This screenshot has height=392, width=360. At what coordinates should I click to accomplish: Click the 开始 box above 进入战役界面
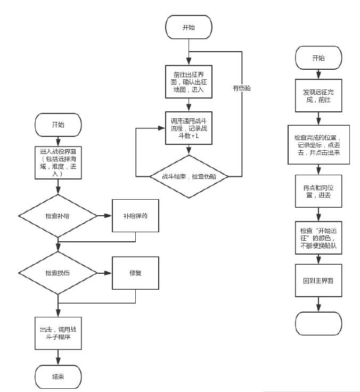[58, 125]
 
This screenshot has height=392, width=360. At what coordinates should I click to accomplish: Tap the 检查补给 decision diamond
[58, 216]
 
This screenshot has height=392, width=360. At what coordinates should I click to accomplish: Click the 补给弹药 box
[135, 216]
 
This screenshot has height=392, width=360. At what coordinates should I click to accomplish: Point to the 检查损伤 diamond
[58, 273]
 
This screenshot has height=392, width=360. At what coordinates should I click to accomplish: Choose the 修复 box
[135, 273]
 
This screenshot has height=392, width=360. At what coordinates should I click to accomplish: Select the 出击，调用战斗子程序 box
[58, 333]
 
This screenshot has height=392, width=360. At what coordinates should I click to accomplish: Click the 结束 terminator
[58, 377]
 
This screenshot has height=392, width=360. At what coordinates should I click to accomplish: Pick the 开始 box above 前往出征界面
[189, 27]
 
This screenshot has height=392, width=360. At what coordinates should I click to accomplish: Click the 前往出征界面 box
[189, 81]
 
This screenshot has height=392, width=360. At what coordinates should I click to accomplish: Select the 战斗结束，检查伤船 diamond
[189, 176]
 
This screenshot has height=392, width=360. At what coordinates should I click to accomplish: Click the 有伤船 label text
[242, 88]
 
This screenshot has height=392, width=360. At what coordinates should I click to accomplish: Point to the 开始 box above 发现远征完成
[318, 58]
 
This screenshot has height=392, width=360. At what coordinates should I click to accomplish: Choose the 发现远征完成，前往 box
[318, 95]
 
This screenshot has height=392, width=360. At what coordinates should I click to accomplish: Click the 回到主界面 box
[318, 280]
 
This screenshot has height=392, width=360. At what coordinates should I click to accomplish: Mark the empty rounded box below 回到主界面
[318, 323]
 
